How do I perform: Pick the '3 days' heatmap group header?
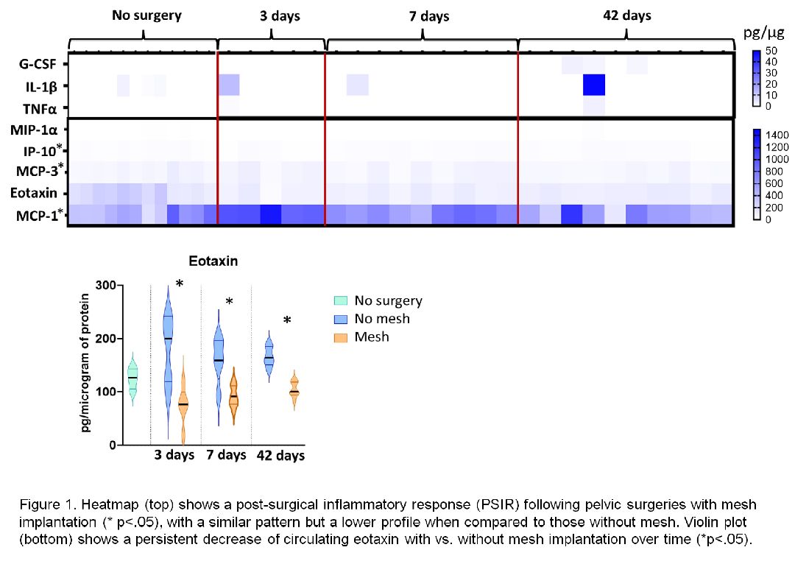pyautogui.click(x=280, y=15)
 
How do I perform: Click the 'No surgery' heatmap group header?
pyautogui.click(x=146, y=15)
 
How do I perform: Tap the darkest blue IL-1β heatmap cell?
pyautogui.click(x=594, y=85)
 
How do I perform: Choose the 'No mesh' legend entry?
pyautogui.click(x=381, y=319)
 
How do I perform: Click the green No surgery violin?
pyautogui.click(x=132, y=379)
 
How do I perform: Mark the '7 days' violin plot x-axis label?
pyautogui.click(x=227, y=455)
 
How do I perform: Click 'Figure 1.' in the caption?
pyautogui.click(x=45, y=505)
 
